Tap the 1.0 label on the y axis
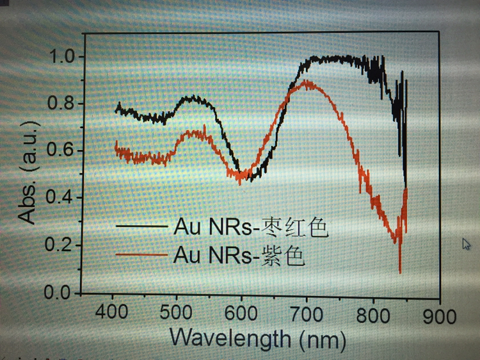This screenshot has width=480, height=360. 61,56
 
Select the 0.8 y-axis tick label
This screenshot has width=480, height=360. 61,104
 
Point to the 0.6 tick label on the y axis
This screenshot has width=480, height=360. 61,151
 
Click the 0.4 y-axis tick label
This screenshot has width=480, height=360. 61,199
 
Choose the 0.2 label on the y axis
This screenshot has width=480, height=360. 61,246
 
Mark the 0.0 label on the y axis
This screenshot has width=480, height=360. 61,293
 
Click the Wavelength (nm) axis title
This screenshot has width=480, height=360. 258,338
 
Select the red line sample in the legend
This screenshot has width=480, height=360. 140,256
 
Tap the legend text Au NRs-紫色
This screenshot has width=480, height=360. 237,256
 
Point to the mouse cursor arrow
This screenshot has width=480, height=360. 467,243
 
